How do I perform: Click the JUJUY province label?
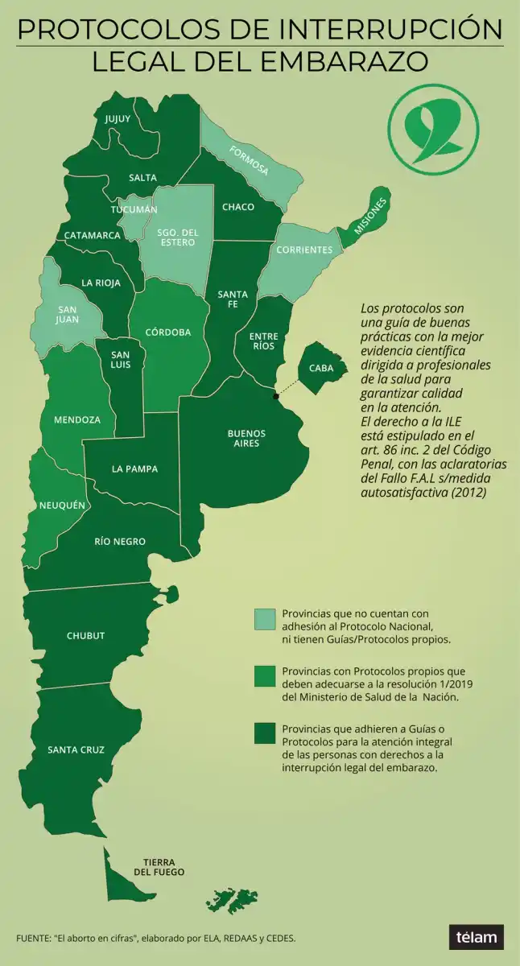pyautogui.click(x=118, y=119)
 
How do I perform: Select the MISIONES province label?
pyautogui.click(x=371, y=215)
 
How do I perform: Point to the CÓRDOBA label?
pyautogui.click(x=168, y=332)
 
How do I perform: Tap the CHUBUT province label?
pyautogui.click(x=85, y=636)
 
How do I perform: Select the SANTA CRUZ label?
pyautogui.click(x=76, y=749)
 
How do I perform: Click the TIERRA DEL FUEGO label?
pyautogui.click(x=159, y=867)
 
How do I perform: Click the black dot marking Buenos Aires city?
pyautogui.click(x=276, y=395)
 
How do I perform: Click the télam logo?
pyautogui.click(x=477, y=937)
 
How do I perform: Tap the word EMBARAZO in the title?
pyautogui.click(x=349, y=62)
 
